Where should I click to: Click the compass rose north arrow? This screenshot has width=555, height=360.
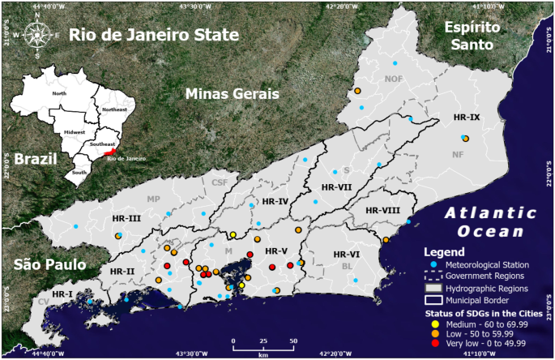36,24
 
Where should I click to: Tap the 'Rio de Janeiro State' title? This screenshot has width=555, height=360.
153,35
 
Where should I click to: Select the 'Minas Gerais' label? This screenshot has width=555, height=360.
233,94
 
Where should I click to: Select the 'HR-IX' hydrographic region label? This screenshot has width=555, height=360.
467,118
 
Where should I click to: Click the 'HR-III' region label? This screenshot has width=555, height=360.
128,218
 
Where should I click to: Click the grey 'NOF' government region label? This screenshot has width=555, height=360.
394,79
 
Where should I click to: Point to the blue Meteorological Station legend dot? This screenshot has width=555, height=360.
433,265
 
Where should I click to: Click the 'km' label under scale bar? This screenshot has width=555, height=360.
263,355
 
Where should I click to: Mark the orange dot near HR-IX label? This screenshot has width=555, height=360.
466,139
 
